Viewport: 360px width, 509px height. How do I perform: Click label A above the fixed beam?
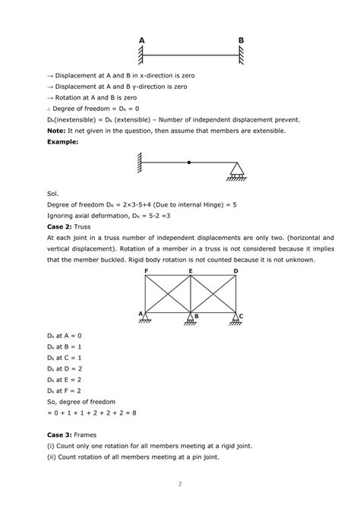(x=141, y=40)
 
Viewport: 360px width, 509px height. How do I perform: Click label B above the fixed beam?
(x=241, y=40)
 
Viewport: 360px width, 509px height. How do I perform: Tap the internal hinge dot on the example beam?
(x=189, y=162)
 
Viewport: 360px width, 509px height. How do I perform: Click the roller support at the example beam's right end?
(x=237, y=172)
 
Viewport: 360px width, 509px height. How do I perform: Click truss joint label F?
(x=146, y=270)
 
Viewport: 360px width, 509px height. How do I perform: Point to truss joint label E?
(x=190, y=270)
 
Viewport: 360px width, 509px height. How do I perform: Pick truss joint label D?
(x=235, y=270)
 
